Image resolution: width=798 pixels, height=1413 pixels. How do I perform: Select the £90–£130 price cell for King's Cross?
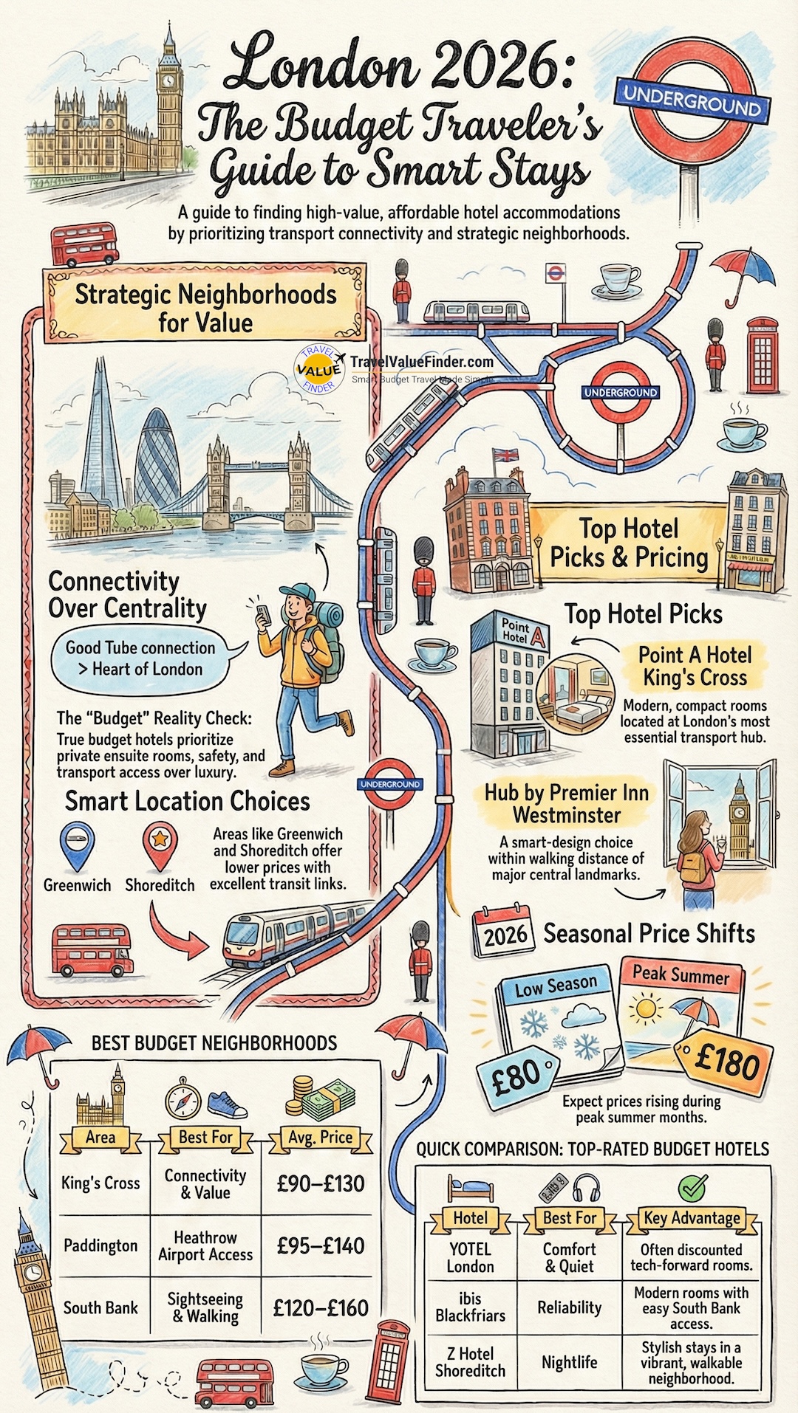(x=321, y=1183)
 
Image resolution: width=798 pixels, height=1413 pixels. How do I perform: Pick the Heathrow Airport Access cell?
(x=205, y=1245)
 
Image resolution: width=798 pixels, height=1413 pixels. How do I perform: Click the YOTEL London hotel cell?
(x=470, y=1257)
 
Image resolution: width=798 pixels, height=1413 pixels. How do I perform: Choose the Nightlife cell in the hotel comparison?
(x=569, y=1362)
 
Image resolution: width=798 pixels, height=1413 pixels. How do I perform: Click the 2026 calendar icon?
(x=502, y=932)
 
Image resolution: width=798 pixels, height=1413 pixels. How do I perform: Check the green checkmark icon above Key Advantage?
(x=692, y=1189)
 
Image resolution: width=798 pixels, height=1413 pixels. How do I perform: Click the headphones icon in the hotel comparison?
(x=588, y=1189)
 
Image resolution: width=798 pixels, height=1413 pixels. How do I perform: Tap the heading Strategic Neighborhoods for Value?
(x=205, y=308)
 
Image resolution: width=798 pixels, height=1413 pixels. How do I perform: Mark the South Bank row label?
(x=100, y=1307)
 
